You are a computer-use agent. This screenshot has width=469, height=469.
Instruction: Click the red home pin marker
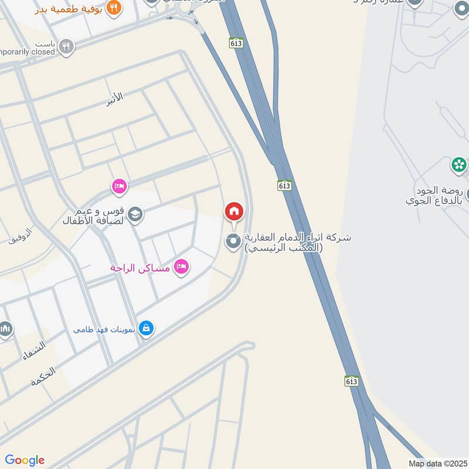pyautogui.click(x=234, y=212)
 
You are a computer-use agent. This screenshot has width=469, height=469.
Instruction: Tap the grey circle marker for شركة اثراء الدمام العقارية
pyautogui.click(x=234, y=240)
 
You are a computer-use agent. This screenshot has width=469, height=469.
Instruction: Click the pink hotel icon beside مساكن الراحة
pyautogui.click(x=182, y=267)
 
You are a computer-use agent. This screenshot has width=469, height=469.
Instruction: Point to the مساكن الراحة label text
pyautogui.click(x=140, y=269)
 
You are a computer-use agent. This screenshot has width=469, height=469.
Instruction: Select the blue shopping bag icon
pyautogui.click(x=147, y=328)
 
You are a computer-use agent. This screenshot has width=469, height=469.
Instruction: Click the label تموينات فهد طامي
pyautogui.click(x=105, y=329)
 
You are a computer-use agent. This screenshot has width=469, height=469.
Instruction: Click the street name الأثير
pyautogui.click(x=115, y=98)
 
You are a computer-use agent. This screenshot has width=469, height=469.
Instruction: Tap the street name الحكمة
pyautogui.click(x=43, y=375)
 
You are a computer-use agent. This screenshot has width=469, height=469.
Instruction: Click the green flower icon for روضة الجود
pyautogui.click(x=459, y=164)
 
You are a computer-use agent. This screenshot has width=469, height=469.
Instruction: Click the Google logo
pyautogui.click(x=25, y=460)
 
